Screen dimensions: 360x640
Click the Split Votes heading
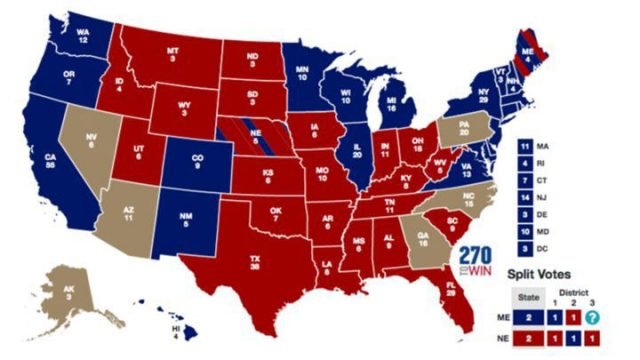pyautogui.click(x=540, y=272)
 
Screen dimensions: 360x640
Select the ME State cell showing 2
pyautogui.click(x=526, y=317)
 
